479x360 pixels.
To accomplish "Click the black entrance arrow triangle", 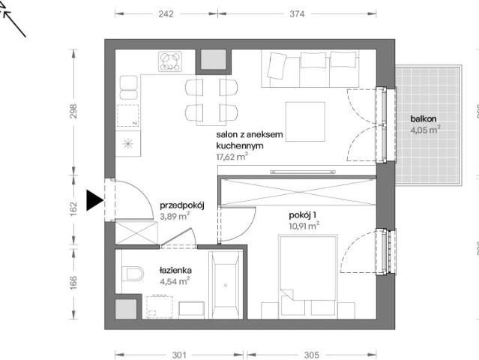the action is point(94,200).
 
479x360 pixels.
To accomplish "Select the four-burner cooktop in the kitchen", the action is point(170,61).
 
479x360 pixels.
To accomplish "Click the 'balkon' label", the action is point(423,119).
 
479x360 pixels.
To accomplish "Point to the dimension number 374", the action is point(297,14).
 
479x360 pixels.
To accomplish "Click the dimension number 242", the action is point(166,14).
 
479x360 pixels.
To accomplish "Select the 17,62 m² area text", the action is point(232,157).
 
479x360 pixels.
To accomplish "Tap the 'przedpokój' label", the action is point(181,205).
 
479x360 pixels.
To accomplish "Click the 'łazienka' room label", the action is point(175,271).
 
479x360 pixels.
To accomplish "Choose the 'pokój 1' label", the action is point(302,215).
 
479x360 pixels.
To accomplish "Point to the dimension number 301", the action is point(179,355).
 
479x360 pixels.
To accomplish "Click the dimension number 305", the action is point(312,355).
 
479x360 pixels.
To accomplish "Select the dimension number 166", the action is point(73,283).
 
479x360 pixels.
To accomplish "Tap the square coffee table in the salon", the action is point(305,121).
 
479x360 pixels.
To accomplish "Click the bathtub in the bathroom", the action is point(226,285).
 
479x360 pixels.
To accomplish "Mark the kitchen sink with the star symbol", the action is point(128,144).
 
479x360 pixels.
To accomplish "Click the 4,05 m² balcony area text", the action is point(425,130).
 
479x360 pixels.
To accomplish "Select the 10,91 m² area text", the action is point(304,226).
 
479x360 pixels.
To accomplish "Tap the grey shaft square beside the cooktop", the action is point(214,59).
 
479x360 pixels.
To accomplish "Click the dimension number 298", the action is point(73,112).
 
